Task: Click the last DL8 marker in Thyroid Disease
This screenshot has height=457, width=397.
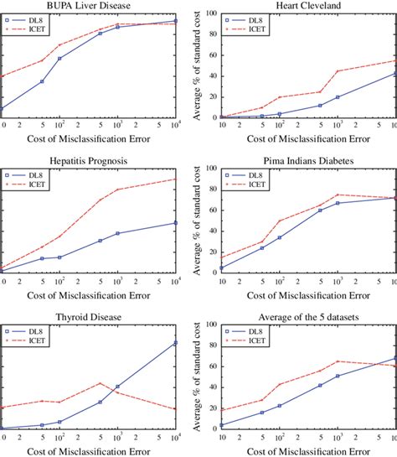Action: point(176,342)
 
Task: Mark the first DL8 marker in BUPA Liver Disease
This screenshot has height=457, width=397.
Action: point(2,108)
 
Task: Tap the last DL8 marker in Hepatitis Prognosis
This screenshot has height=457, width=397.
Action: point(176,222)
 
